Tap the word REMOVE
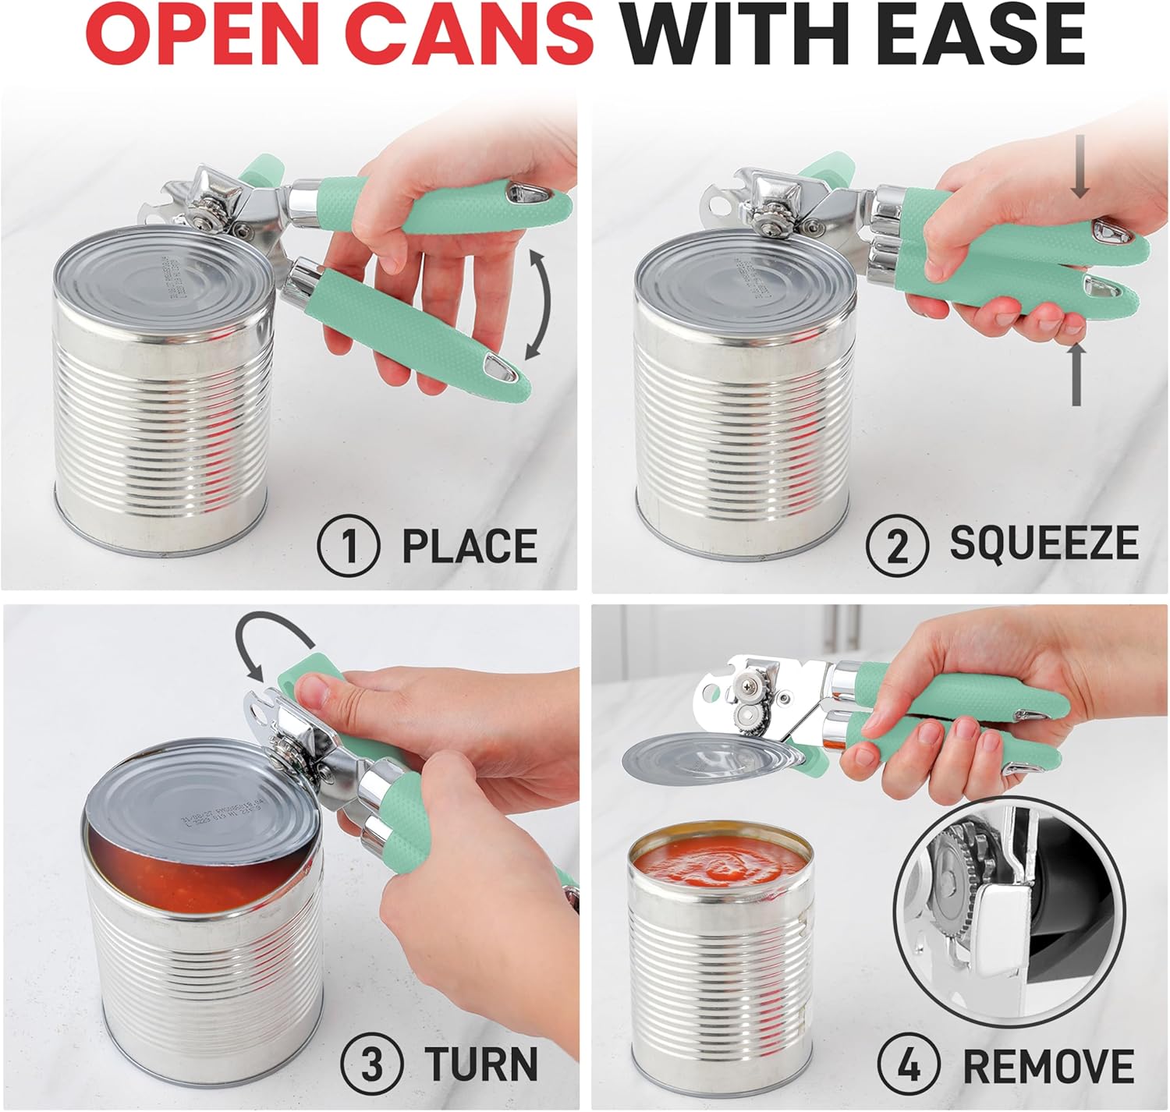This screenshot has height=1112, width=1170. (x=1048, y=1065)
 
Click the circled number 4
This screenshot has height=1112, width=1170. (x=909, y=1065)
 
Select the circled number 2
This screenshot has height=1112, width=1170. (x=897, y=545)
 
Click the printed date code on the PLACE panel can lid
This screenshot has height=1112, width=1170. (x=178, y=282)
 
